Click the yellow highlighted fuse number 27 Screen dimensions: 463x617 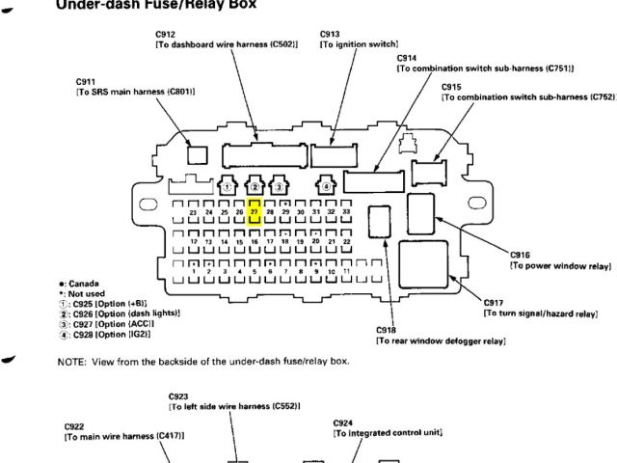[x=255, y=211]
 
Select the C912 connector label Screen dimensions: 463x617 [x=165, y=35]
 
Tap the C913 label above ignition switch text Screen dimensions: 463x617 [x=330, y=35]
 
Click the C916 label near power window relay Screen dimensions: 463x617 [x=520, y=255]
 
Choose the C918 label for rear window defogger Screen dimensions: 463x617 [x=385, y=330]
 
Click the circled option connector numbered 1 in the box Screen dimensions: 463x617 [x=227, y=185]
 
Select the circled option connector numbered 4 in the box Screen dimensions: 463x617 [x=328, y=185]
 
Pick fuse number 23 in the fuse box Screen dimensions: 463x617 [x=194, y=211]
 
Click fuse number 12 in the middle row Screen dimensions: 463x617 [x=194, y=241]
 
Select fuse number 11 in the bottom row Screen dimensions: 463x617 [x=345, y=272]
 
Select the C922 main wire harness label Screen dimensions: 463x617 [x=75, y=425]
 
